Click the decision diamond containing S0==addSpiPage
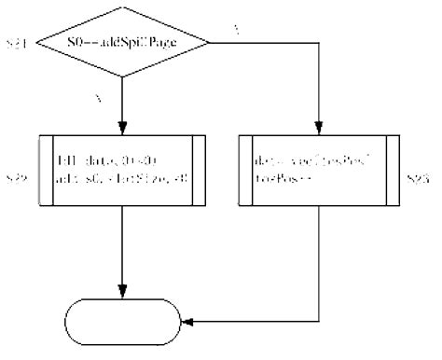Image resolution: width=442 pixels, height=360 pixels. pyautogui.click(x=122, y=43)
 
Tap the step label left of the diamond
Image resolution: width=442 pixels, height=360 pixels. pyautogui.click(x=16, y=44)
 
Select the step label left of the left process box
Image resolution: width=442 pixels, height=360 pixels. pyautogui.click(x=16, y=176)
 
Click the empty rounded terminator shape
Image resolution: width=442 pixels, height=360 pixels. pyautogui.click(x=122, y=322)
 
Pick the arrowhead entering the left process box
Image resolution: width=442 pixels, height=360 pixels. pyautogui.click(x=122, y=131)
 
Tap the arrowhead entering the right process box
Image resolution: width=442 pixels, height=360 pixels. pyautogui.click(x=320, y=131)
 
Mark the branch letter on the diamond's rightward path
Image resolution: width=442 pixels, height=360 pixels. pyautogui.click(x=235, y=31)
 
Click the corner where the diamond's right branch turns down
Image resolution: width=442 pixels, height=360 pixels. pyautogui.click(x=320, y=43)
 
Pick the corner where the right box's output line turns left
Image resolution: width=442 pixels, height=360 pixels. pyautogui.click(x=320, y=322)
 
